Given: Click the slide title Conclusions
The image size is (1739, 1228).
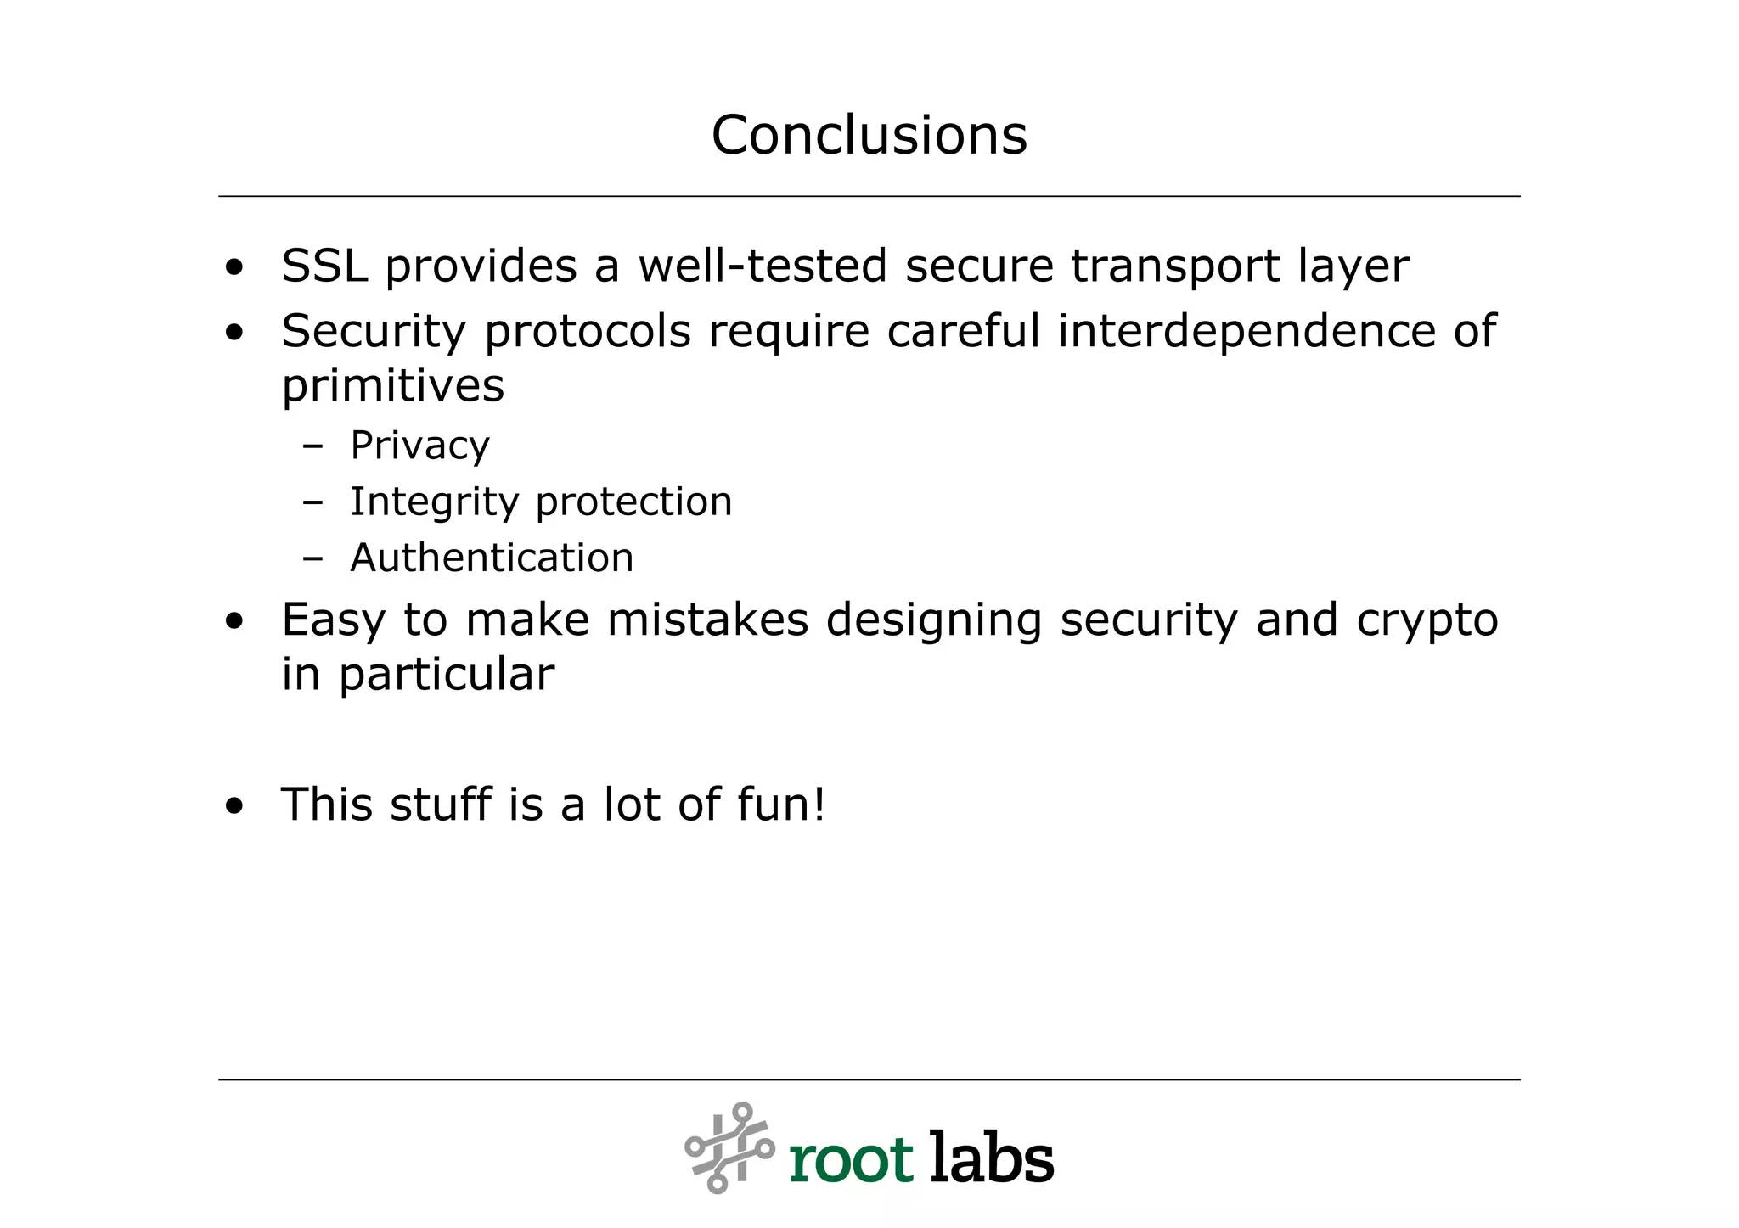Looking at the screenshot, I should [x=869, y=135].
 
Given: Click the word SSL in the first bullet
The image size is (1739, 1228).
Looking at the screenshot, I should [x=324, y=266].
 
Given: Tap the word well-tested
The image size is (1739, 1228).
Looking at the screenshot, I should [x=762, y=266].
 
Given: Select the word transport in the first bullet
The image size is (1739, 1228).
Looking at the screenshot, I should [x=1174, y=266].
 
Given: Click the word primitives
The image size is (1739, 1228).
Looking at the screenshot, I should [x=392, y=386].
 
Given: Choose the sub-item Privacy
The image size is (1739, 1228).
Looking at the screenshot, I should [x=419, y=446].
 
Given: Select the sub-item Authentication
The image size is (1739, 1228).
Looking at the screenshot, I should [x=492, y=558].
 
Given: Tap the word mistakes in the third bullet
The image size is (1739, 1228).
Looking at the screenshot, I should [x=706, y=620].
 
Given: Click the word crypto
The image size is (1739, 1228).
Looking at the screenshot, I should [x=1427, y=621].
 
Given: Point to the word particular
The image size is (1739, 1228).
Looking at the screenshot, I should [x=447, y=676].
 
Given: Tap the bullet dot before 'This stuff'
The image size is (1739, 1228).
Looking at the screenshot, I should [x=234, y=806].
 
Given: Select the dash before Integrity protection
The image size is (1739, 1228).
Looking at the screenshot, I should [x=312, y=502].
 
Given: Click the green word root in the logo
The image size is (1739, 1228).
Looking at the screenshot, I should [x=851, y=1159].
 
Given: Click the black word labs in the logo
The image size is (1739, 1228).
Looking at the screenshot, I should [x=991, y=1156].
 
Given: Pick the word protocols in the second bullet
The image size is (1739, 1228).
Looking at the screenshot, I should [x=588, y=333].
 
